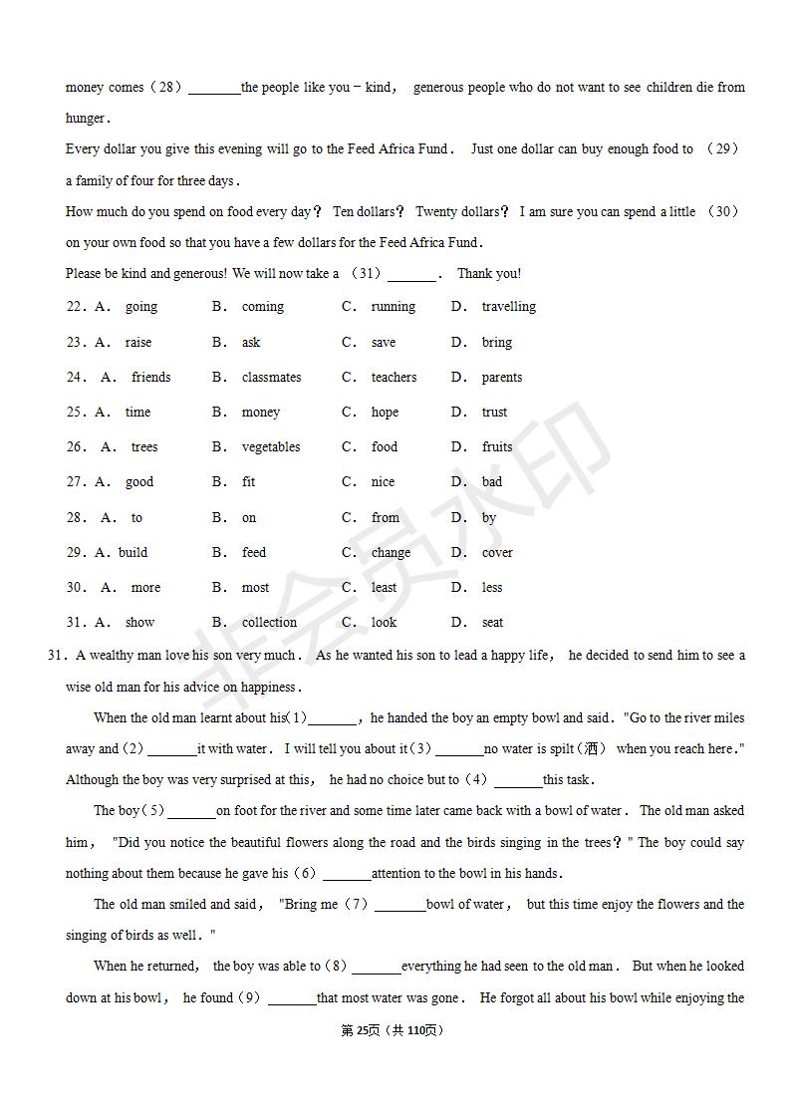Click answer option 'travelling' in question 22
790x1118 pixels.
pyautogui.click(x=508, y=307)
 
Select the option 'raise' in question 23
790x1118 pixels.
pyautogui.click(x=138, y=343)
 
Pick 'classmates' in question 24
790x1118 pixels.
pyautogui.click(x=271, y=378)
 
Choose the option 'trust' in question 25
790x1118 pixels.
pyautogui.click(x=494, y=413)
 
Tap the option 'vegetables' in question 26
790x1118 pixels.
pyautogui.click(x=271, y=447)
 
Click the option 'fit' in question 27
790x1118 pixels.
pyautogui.click(x=248, y=482)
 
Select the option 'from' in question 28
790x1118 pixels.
pyautogui.click(x=385, y=518)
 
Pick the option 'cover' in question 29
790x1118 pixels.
pyautogui.click(x=497, y=553)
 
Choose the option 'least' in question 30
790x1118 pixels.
pyautogui.click(x=384, y=588)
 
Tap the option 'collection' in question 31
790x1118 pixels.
pyautogui.click(x=269, y=623)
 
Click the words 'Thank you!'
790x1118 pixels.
pyautogui.click(x=488, y=274)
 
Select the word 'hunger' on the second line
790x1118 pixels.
pyautogui.click(x=85, y=119)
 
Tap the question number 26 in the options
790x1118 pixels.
pyautogui.click(x=76, y=447)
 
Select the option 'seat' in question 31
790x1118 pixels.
pyautogui.click(x=492, y=623)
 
